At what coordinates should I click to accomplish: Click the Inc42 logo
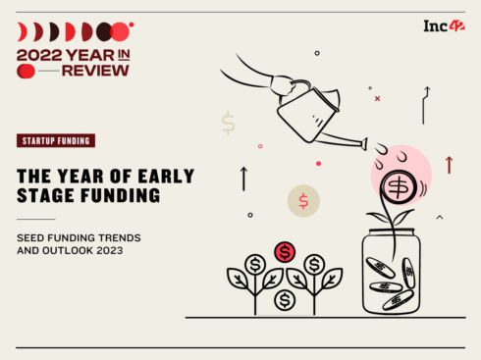click(x=443, y=26)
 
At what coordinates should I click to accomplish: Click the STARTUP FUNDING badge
click(x=56, y=140)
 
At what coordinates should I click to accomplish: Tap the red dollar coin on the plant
click(x=285, y=252)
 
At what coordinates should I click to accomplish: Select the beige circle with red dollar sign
click(x=303, y=201)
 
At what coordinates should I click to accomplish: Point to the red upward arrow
click(x=449, y=165)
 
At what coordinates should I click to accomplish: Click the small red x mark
click(x=377, y=98)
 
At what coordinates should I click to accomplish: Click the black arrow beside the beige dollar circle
click(x=243, y=179)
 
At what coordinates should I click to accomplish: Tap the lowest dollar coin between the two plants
click(x=285, y=298)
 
